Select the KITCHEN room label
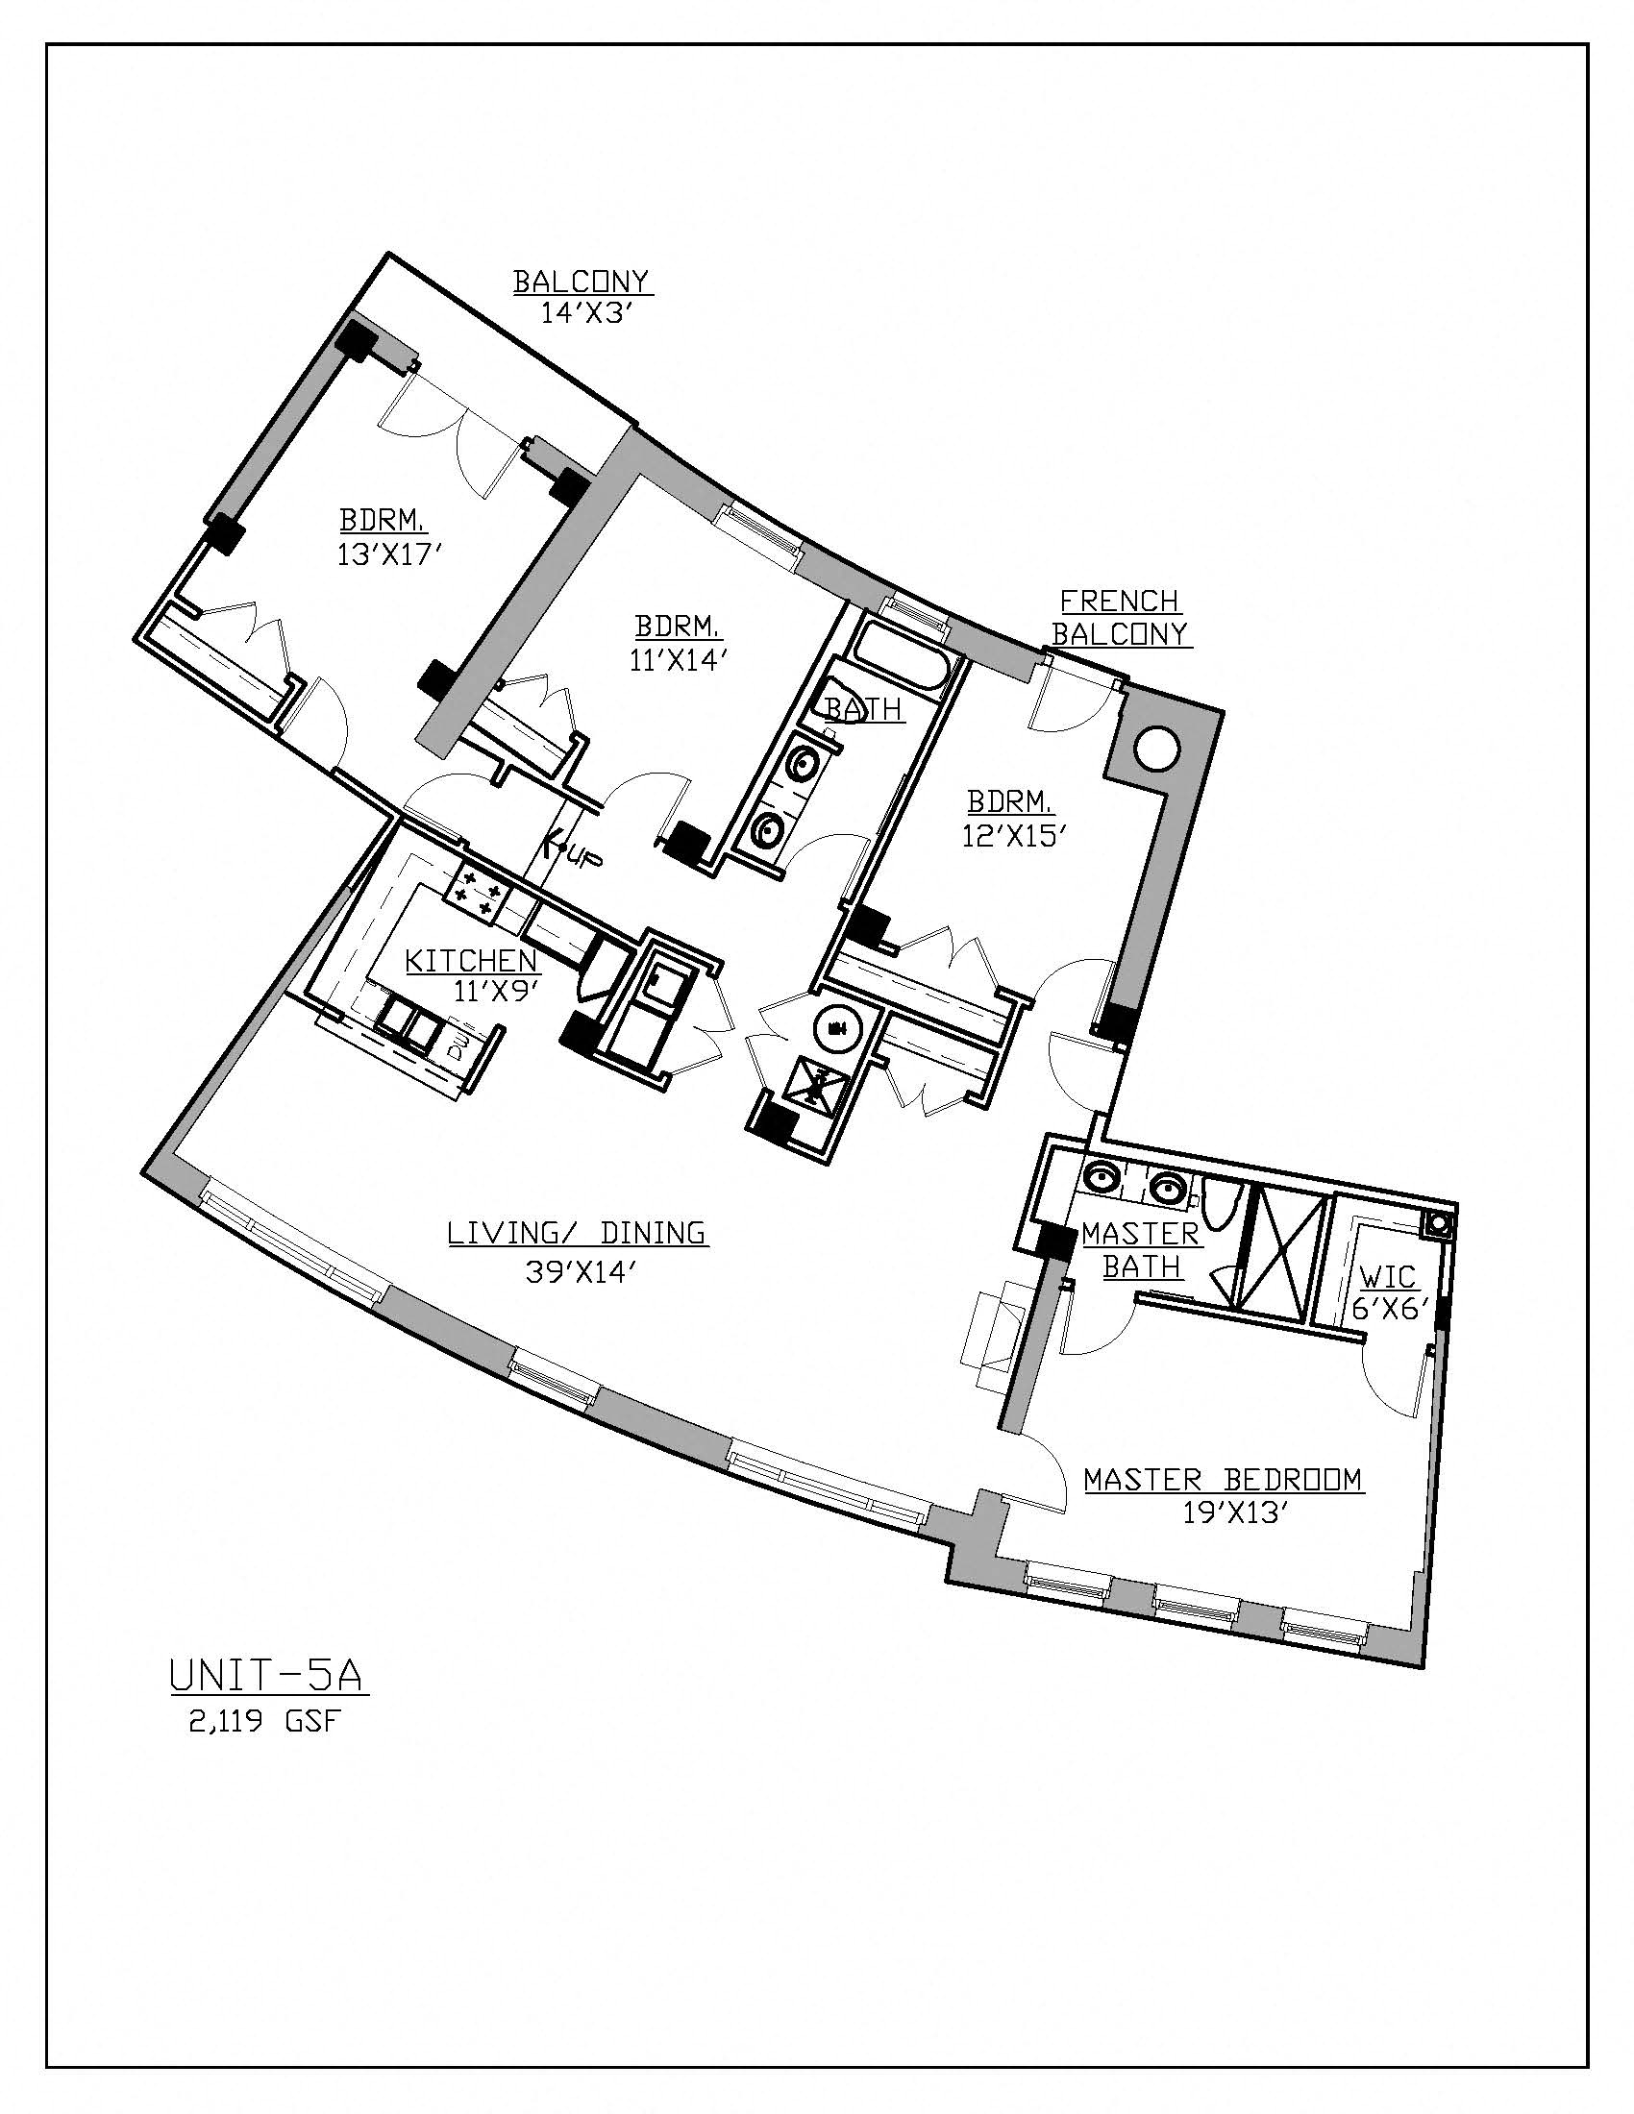tap(471, 961)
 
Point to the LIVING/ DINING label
tap(577, 1233)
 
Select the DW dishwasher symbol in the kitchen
tap(457, 1045)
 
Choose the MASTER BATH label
tap(1140, 1249)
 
